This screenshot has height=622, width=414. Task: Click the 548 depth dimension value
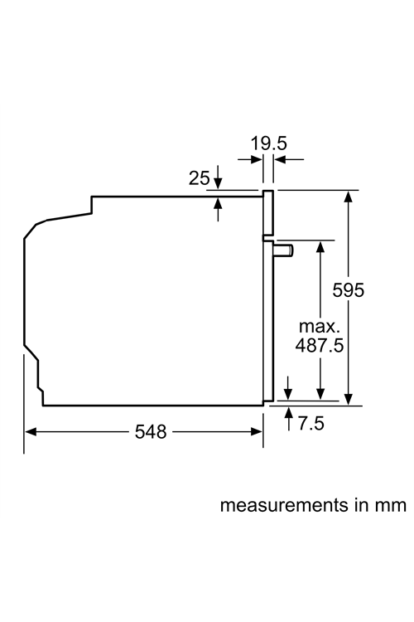(x=151, y=431)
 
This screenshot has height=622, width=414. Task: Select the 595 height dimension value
(x=349, y=290)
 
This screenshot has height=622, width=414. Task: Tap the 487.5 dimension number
(x=320, y=345)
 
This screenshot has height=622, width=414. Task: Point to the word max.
(x=320, y=327)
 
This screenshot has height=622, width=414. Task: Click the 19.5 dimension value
(x=268, y=143)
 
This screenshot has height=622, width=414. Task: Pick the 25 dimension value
(x=199, y=178)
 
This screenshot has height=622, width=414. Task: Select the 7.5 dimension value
(x=311, y=423)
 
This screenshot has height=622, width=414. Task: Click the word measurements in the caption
(x=284, y=505)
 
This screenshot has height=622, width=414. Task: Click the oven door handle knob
(x=284, y=251)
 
